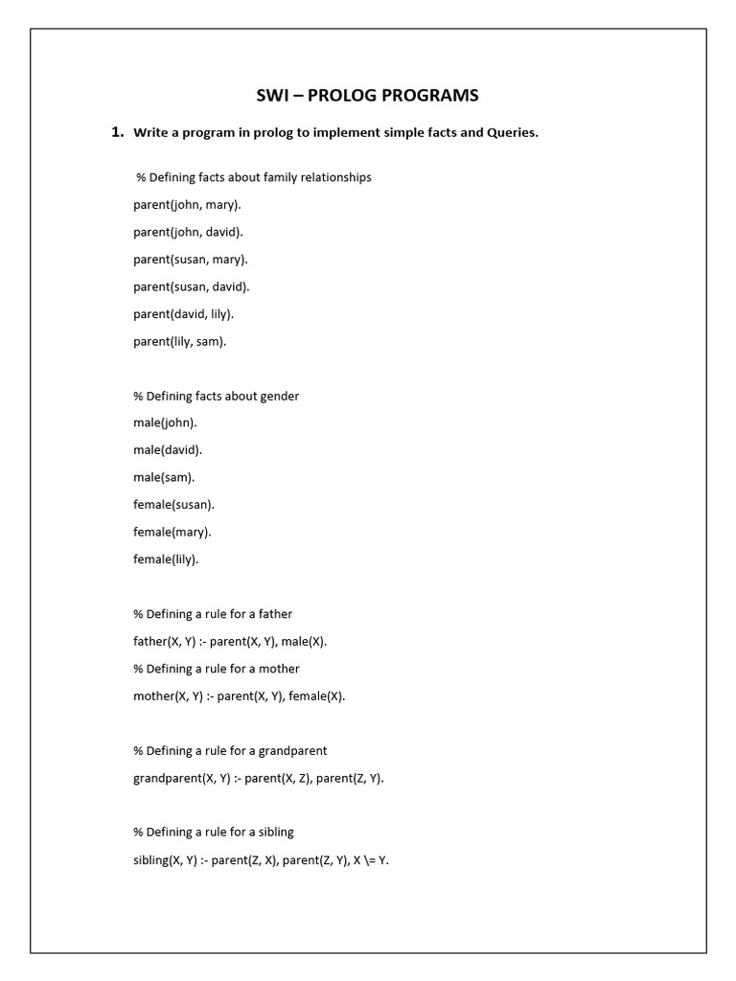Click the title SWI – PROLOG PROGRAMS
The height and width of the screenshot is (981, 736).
tap(368, 95)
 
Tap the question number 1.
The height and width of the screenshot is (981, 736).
tap(118, 132)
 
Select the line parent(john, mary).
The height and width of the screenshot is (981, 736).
tap(187, 204)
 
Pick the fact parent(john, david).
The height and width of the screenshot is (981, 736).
tap(188, 232)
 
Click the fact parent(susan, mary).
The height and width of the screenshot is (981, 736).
tap(190, 259)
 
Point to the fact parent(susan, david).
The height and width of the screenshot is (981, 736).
tap(191, 286)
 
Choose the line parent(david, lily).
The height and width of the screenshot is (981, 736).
tap(183, 313)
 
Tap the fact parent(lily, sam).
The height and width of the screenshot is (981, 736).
tap(180, 341)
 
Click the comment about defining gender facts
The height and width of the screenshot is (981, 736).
tap(216, 396)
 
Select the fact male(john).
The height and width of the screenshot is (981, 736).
tap(165, 422)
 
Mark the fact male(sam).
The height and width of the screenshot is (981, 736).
tap(164, 477)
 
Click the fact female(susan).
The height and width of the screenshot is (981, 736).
tap(173, 504)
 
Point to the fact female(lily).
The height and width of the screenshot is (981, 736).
tap(166, 559)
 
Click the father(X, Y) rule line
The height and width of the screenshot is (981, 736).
tap(237, 641)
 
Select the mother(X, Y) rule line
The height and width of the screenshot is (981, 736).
tap(239, 696)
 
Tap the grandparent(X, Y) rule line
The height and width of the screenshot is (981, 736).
tap(258, 778)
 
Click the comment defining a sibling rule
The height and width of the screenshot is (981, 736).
tap(213, 833)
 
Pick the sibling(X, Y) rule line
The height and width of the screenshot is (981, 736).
tap(261, 859)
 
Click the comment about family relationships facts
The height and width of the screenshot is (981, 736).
tap(254, 177)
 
